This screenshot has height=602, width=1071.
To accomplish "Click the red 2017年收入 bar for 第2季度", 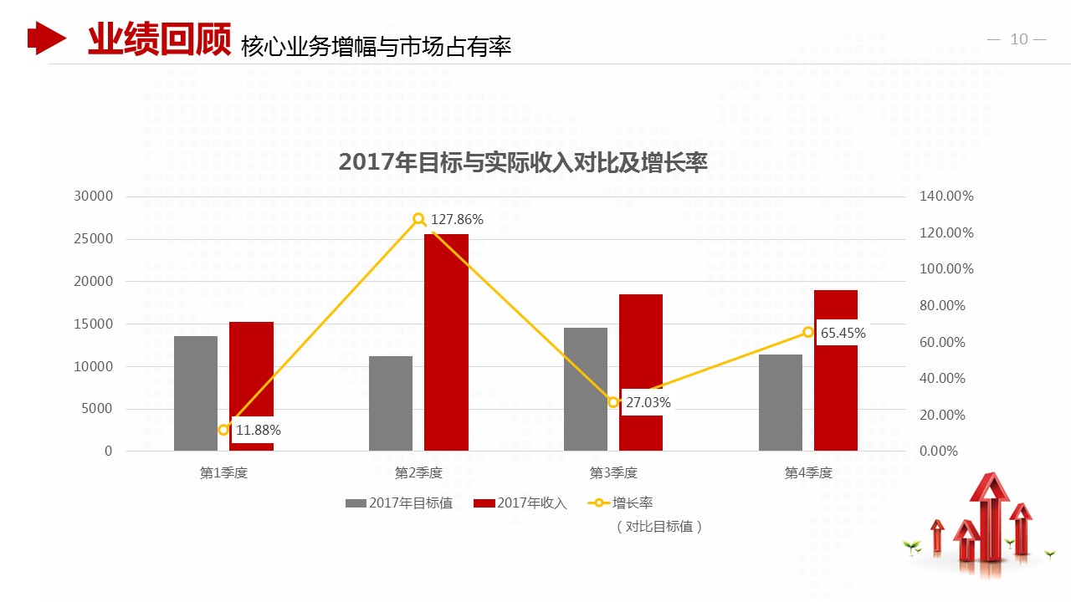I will [x=446, y=343].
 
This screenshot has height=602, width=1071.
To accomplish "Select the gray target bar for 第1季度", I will [x=196, y=393].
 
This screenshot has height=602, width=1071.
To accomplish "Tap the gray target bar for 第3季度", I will [x=586, y=389].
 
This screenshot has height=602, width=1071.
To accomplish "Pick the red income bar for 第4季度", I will [x=836, y=370].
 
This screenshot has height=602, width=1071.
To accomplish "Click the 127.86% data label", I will [x=457, y=220].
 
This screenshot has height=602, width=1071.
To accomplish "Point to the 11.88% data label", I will [x=258, y=431].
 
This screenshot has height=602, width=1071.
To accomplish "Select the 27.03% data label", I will [x=648, y=402].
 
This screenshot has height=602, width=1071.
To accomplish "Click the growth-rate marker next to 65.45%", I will [x=808, y=332].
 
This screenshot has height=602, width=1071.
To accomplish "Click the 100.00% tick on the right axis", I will [x=946, y=269].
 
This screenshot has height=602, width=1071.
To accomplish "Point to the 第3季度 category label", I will [x=613, y=473].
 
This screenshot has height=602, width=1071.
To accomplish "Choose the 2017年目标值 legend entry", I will [x=399, y=503].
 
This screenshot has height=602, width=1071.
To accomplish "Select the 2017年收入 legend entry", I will [x=520, y=503].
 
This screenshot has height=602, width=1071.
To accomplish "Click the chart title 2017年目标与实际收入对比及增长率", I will [x=523, y=163].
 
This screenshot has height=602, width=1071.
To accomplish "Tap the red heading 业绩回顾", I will [x=159, y=39].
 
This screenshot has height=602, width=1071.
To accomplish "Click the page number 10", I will [x=1018, y=39].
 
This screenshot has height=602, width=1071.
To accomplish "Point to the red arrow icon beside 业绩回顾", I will [x=46, y=38].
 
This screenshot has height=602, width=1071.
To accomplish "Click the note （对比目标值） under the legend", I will [x=658, y=527].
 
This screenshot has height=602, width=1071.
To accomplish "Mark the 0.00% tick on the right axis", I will [x=939, y=451].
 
